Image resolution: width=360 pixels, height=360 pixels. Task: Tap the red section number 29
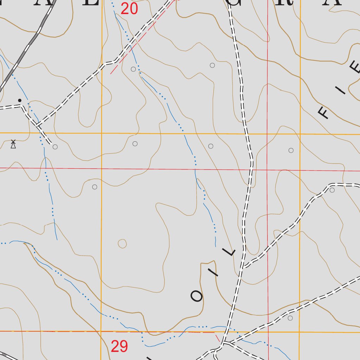[119, 347]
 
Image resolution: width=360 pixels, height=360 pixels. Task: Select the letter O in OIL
[197, 296]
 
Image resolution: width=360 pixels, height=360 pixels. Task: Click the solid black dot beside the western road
[20, 100]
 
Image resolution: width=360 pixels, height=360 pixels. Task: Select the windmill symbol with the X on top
[13, 144]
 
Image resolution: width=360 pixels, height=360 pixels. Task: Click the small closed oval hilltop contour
[122, 243]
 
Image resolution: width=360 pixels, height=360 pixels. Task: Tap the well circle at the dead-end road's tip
[55, 147]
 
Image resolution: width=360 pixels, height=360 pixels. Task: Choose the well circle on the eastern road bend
[332, 190]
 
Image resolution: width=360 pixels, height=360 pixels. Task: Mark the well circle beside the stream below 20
[133, 69]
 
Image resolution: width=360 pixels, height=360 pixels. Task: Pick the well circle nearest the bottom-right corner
[290, 318]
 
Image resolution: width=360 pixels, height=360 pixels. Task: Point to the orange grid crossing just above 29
[101, 331]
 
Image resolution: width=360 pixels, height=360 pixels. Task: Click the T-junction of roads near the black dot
[37, 126]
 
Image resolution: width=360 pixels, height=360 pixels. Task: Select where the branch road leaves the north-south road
[243, 267]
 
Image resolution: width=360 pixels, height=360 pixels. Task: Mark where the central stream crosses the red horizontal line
[195, 169]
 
